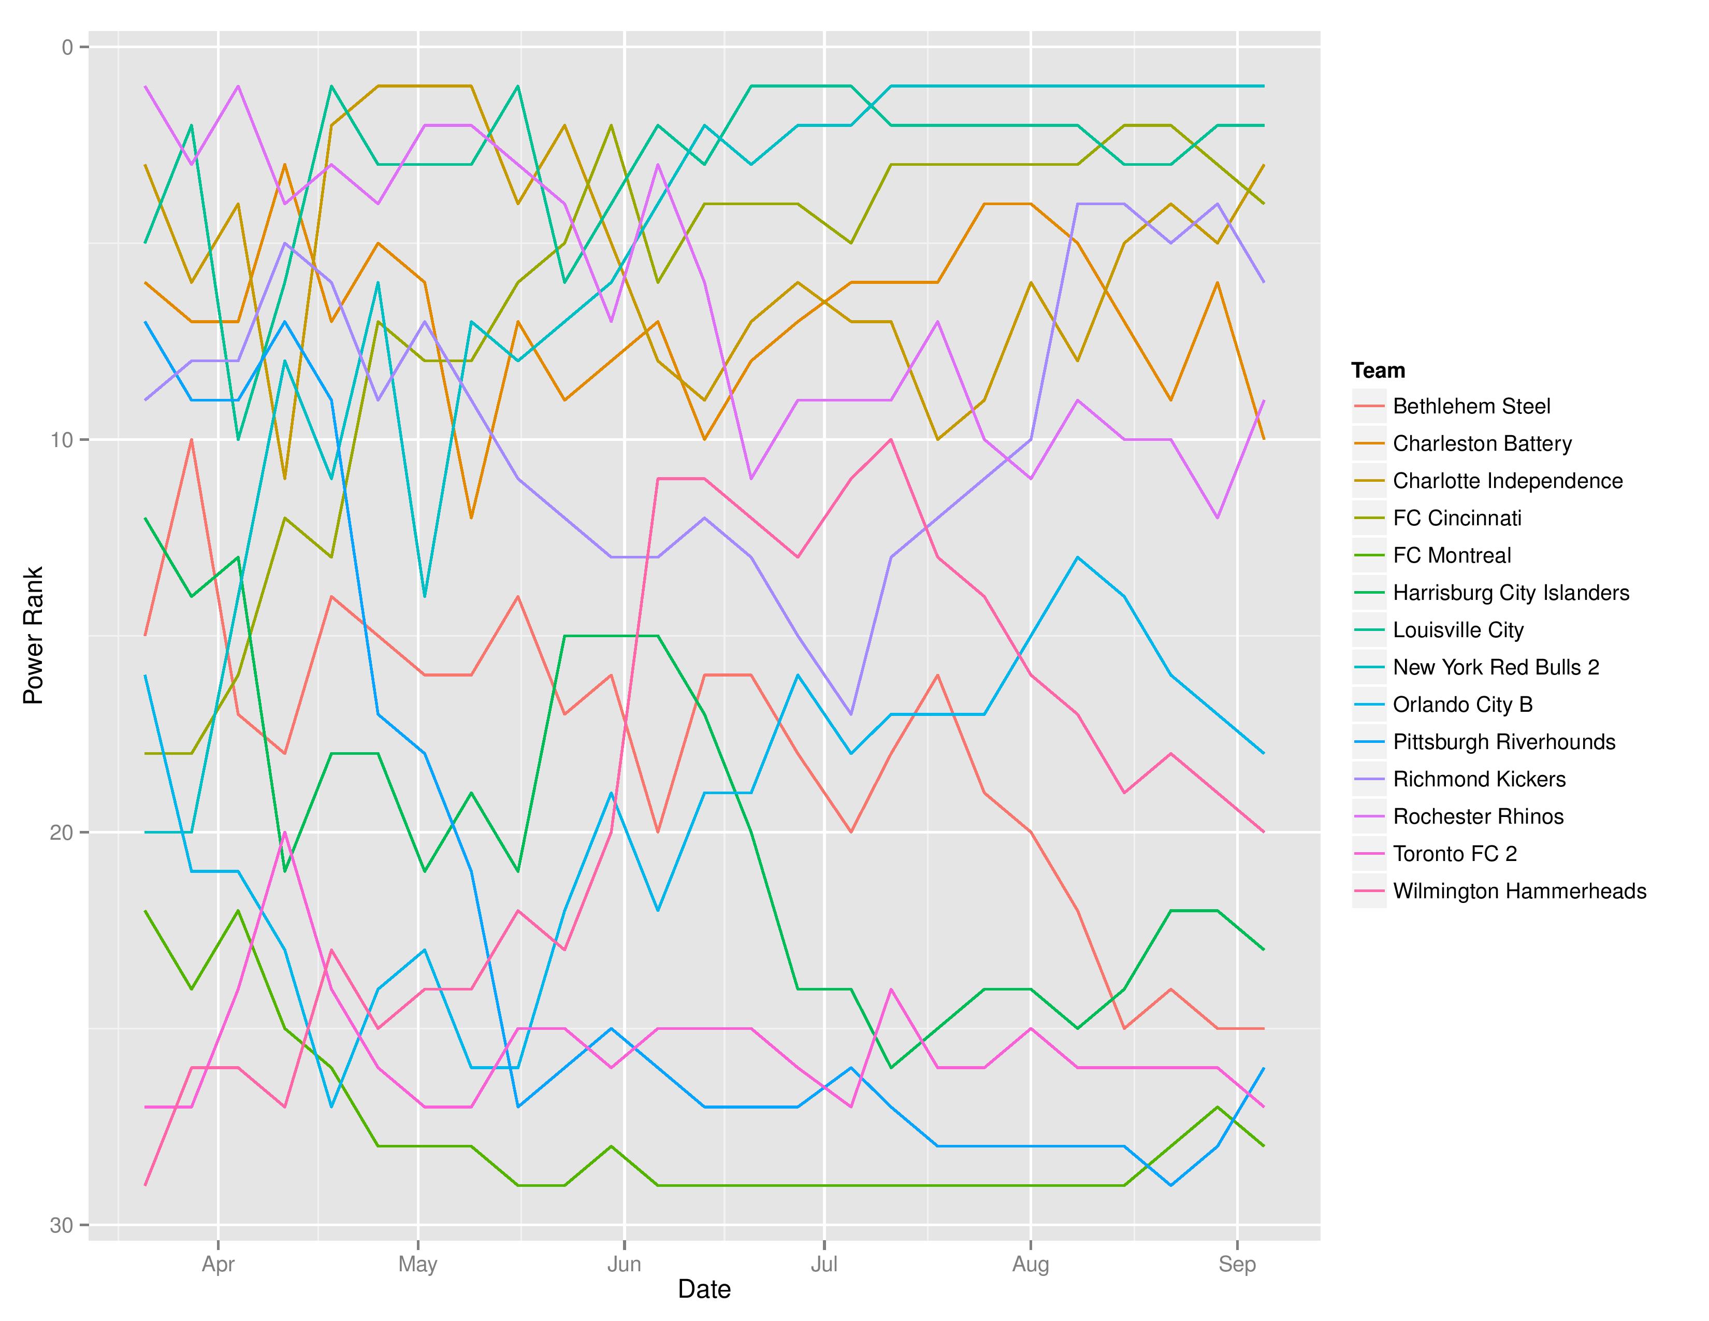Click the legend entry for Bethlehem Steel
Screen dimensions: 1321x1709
[x=1471, y=406]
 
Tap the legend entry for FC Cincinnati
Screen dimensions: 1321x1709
[x=1457, y=518]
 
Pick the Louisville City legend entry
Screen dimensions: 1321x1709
[x=1458, y=630]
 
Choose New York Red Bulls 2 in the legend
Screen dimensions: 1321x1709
[x=1496, y=668]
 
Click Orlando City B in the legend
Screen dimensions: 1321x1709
[x=1462, y=705]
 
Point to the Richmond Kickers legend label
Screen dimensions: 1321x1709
[x=1479, y=780]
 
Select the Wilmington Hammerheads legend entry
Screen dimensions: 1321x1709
[x=1519, y=892]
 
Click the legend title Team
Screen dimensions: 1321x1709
[x=1378, y=370]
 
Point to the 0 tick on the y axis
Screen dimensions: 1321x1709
[x=67, y=48]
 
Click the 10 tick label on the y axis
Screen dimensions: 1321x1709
[x=61, y=440]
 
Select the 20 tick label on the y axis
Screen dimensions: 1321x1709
[x=61, y=832]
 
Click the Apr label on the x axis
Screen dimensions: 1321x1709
[x=219, y=1265]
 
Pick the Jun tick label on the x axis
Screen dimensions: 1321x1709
[x=624, y=1265]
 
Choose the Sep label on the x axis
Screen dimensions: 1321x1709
[x=1236, y=1265]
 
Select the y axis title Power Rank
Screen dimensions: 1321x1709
[x=33, y=636]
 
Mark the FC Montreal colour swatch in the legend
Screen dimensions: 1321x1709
[x=1369, y=556]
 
